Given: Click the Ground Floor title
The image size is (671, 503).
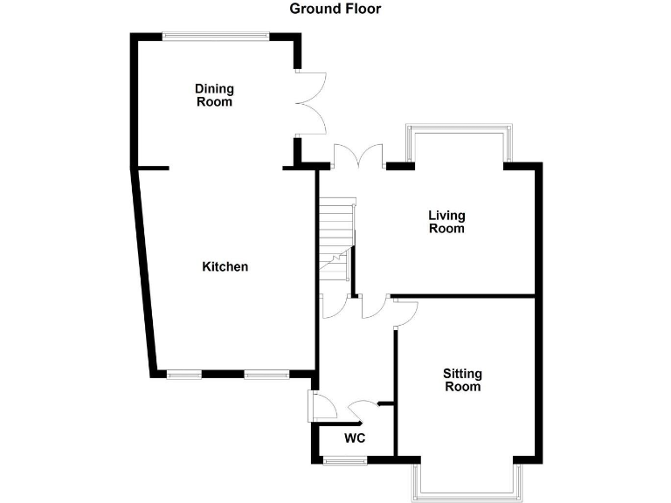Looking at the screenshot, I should click(335, 9).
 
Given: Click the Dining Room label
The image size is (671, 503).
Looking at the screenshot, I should click(214, 95).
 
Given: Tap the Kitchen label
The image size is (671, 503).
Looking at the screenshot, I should click(225, 266).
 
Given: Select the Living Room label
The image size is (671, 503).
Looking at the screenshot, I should click(446, 222).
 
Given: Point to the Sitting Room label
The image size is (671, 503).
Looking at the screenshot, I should click(463, 380).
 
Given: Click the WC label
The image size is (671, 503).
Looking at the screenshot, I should click(354, 438).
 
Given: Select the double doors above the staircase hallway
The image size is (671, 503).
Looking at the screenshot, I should click(358, 155).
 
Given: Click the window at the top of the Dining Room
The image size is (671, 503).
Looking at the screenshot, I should click(215, 36).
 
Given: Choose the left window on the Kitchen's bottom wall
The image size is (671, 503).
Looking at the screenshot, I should click(184, 375).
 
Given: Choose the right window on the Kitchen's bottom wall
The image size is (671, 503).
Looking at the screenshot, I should click(266, 375).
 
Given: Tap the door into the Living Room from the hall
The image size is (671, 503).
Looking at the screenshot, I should click(374, 305).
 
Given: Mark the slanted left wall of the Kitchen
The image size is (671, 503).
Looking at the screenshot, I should click(144, 271).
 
